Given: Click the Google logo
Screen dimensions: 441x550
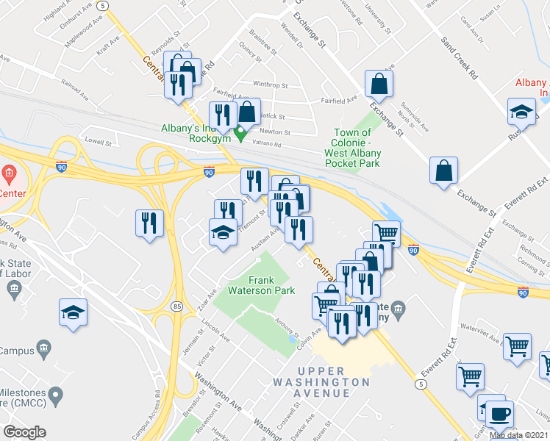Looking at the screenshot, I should pos(24,432).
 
